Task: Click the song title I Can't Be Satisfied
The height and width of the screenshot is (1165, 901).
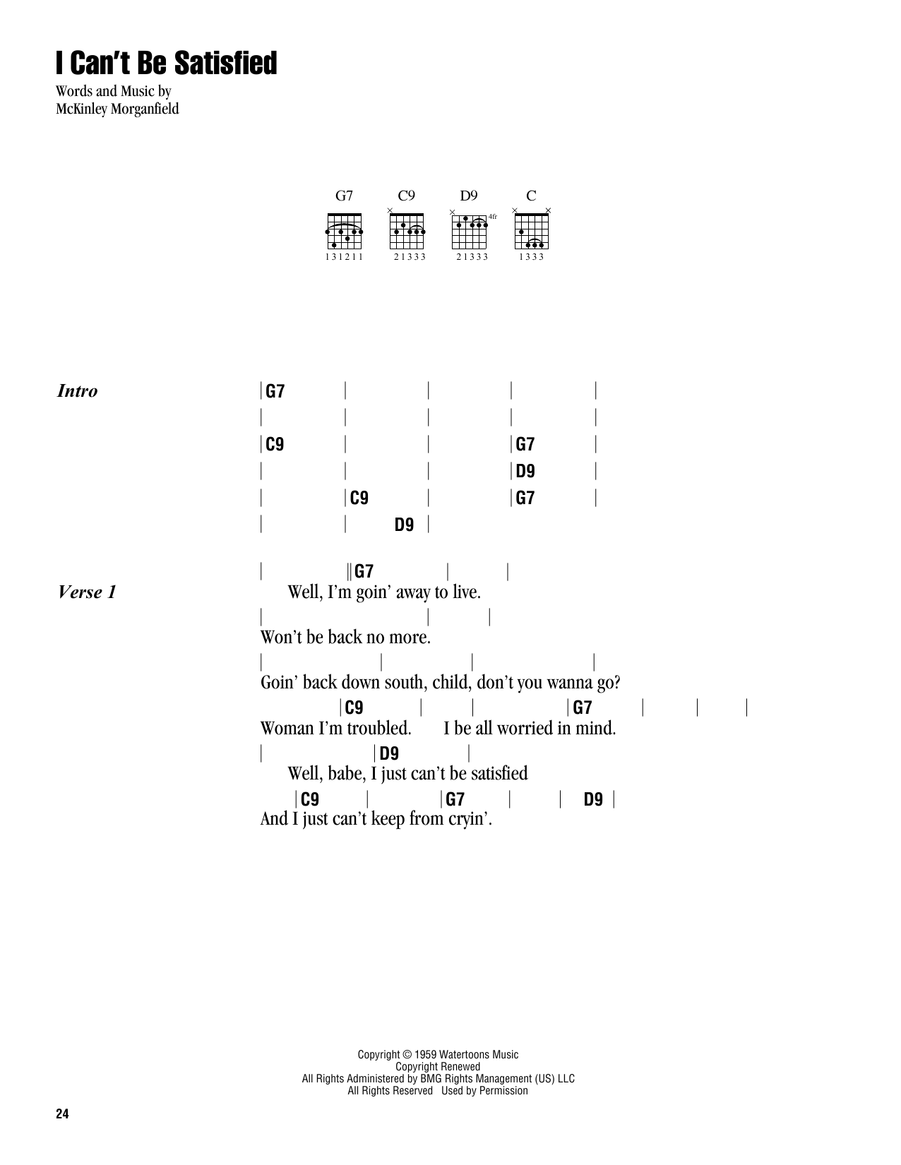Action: point(167,64)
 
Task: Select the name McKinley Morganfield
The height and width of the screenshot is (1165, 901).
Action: point(117,109)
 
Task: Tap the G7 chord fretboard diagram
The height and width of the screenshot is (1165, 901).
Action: point(344,231)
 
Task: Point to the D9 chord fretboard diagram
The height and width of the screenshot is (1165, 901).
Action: point(470,230)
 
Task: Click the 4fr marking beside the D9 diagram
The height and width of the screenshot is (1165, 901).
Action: point(493,217)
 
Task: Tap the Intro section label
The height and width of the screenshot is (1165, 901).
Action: point(77,391)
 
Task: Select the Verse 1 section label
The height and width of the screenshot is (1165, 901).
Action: point(87,592)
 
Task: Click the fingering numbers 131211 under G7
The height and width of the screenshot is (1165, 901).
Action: point(344,257)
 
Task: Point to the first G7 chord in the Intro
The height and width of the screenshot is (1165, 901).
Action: point(275,391)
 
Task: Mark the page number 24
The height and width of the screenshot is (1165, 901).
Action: point(62,1114)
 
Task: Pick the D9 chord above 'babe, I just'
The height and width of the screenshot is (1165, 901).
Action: point(389,754)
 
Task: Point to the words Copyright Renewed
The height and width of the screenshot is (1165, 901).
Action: point(438,1067)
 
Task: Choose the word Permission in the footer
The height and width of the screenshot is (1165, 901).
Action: point(503,1091)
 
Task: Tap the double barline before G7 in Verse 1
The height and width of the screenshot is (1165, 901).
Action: point(350,571)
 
